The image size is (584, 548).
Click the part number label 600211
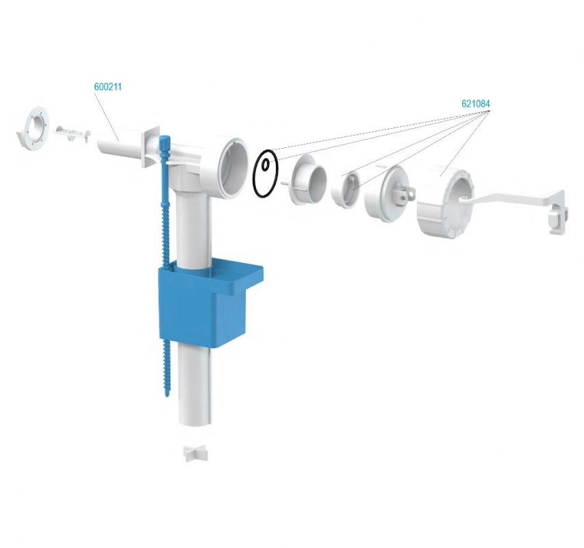tap(107, 87)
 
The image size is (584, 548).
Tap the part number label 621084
tap(476, 103)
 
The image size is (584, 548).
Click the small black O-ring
tap(265, 164)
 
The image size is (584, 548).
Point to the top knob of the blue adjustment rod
tap(164, 142)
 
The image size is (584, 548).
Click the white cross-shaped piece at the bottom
tap(196, 453)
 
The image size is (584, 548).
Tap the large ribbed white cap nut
tap(445, 203)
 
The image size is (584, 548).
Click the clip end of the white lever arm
tap(558, 216)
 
